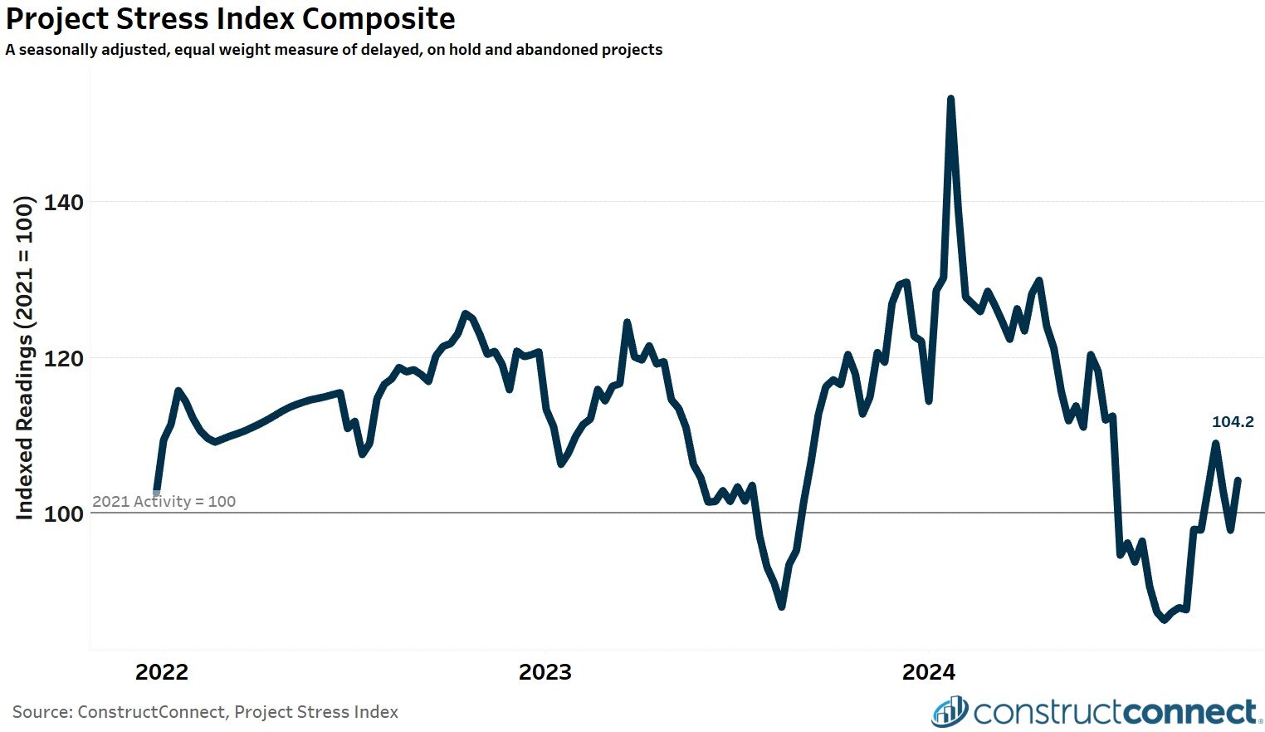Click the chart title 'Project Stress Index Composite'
click(230, 18)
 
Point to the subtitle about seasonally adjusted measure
click(334, 50)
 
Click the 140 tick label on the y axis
click(63, 203)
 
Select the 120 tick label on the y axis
click(63, 359)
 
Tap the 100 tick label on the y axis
click(63, 514)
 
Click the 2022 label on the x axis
click(162, 672)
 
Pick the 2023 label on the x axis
click(545, 672)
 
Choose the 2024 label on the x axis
click(929, 672)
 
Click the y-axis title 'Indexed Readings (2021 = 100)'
click(25, 358)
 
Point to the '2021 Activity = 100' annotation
click(164, 502)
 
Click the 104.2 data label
click(1233, 422)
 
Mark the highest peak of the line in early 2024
click(950, 99)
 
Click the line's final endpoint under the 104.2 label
click(1238, 480)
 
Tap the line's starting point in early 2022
click(157, 492)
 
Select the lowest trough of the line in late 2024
click(1164, 619)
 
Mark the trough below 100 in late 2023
click(781, 607)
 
